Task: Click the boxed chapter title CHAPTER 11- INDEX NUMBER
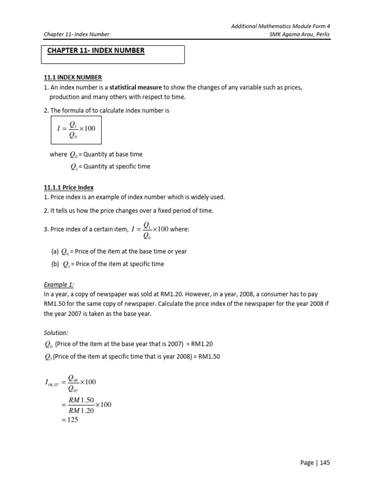coord(95,51)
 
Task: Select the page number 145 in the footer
coord(323,462)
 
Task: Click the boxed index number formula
coord(76,130)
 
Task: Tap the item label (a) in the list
coord(55,251)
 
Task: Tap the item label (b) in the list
coord(55,264)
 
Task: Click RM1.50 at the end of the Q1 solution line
coord(209,356)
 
